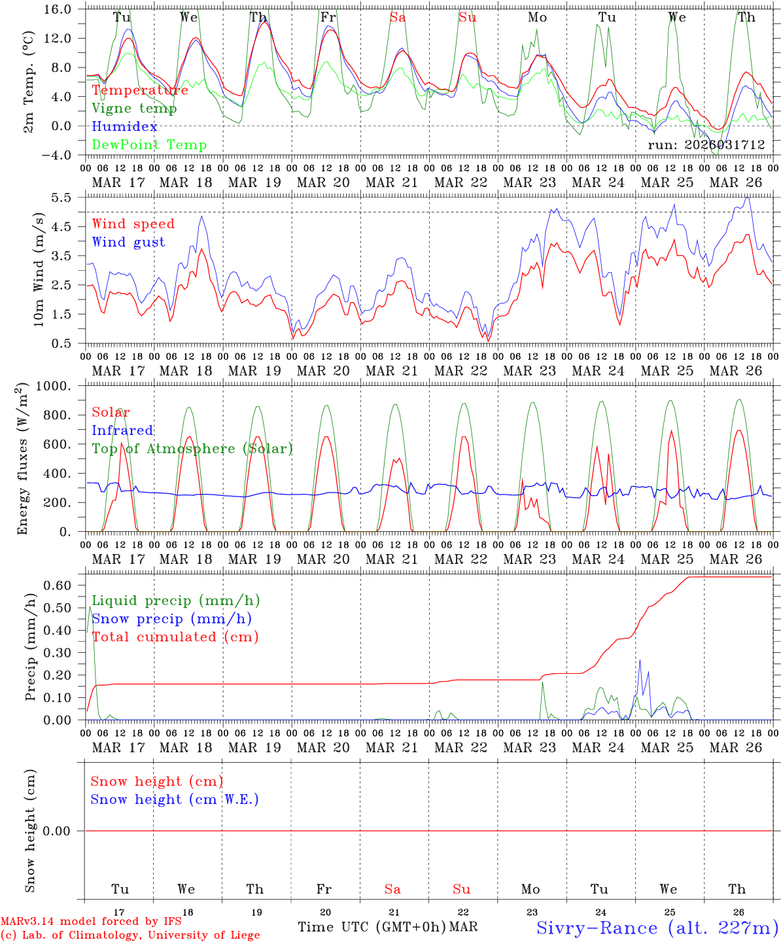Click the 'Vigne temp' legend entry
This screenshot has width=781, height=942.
click(134, 109)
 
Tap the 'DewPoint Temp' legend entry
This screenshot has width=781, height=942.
click(149, 145)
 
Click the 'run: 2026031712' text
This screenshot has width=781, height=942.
click(706, 145)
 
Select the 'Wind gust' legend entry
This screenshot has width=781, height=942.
click(128, 242)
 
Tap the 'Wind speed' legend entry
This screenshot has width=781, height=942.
click(133, 224)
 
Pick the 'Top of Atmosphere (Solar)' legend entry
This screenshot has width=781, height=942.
click(192, 449)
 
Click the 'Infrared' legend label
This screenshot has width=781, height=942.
click(122, 430)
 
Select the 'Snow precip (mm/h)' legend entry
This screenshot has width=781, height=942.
click(171, 619)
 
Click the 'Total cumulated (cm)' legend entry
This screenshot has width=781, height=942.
click(175, 637)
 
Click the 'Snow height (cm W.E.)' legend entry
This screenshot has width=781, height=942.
click(175, 799)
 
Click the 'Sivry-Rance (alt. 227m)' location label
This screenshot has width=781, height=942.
click(657, 928)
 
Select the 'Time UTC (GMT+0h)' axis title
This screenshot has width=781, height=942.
click(372, 927)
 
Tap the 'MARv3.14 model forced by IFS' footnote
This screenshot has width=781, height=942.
click(91, 922)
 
